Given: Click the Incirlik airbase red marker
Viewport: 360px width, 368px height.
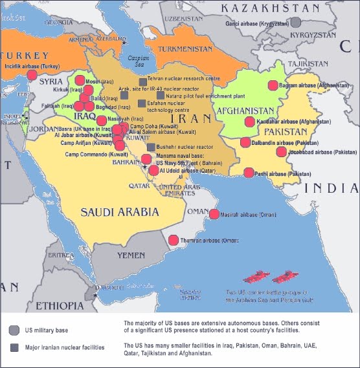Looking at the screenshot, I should click(32, 74).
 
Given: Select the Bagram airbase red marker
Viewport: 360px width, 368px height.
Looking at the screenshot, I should click(273, 85).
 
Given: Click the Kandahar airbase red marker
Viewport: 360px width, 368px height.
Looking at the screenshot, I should click(249, 122).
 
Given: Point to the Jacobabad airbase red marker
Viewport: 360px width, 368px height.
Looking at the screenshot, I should click(281, 152).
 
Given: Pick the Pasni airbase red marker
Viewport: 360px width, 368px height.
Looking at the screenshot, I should click(249, 173).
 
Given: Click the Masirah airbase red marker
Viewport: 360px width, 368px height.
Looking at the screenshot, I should click(214, 214).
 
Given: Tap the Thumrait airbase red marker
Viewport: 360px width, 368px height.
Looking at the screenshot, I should click(173, 241).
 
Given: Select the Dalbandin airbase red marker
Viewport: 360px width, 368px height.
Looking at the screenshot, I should click(245, 142).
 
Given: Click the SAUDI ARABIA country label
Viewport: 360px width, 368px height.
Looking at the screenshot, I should click(119, 211).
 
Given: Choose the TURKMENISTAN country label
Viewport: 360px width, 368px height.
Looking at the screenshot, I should click(186, 49).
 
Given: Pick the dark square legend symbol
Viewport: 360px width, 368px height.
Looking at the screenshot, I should click(14, 347).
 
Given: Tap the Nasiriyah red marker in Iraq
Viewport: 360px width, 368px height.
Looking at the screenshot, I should click(102, 120).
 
